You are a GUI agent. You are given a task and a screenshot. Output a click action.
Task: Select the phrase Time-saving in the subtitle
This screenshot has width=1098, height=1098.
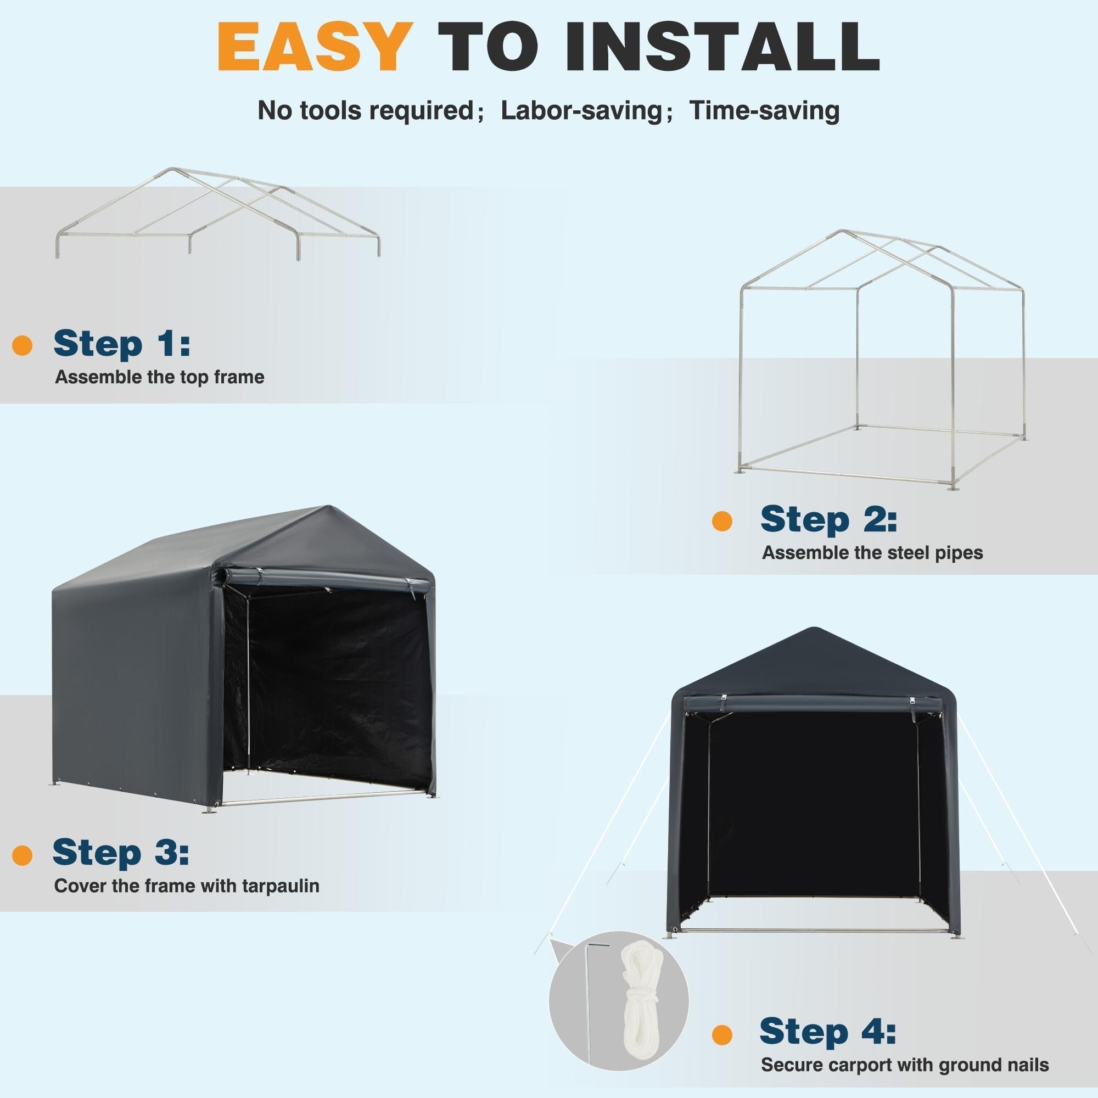click(x=764, y=110)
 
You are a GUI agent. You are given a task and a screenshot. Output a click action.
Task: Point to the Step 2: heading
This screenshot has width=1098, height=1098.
click(x=828, y=520)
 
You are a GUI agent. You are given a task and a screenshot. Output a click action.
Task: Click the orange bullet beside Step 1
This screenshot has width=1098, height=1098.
click(x=22, y=345)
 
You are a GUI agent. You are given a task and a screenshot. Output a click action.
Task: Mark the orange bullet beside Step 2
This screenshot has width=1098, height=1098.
click(x=722, y=521)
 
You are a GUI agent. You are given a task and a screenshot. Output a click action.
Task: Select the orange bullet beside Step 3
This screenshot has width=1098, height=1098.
click(x=22, y=871)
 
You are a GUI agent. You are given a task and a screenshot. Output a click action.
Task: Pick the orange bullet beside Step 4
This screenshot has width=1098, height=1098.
click(x=722, y=1034)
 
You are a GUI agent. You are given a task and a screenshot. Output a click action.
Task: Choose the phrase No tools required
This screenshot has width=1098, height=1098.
click(x=366, y=110)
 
